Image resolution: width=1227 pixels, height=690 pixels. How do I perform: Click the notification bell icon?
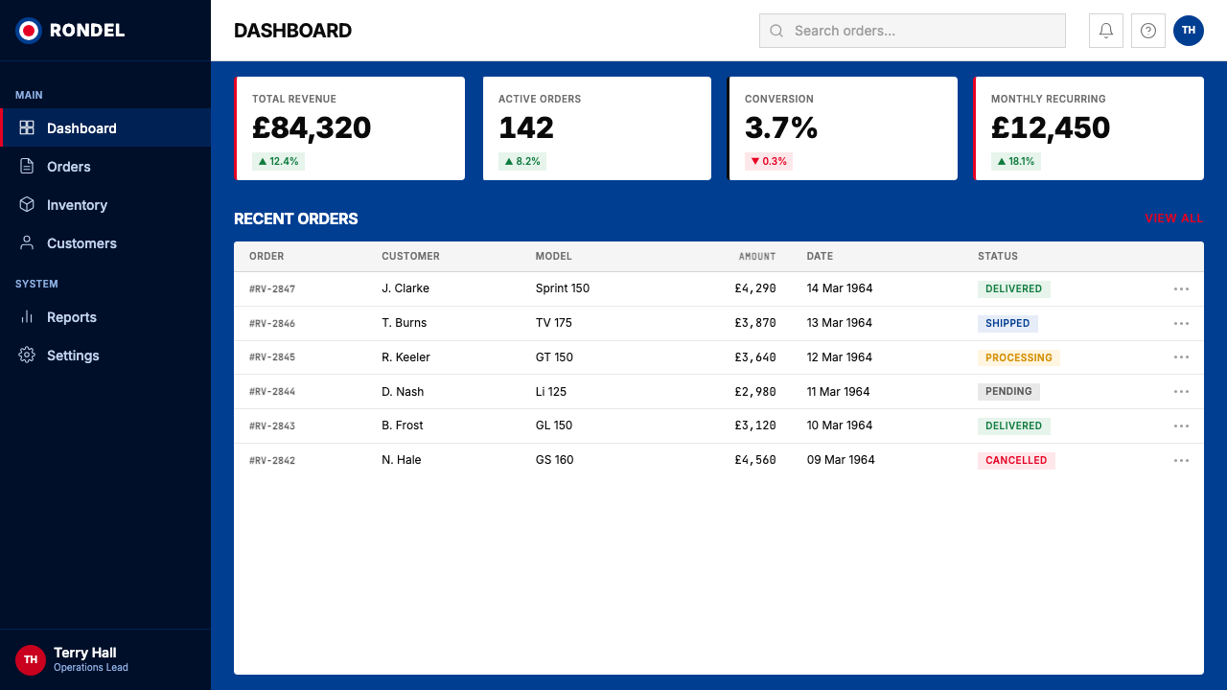point(1106,31)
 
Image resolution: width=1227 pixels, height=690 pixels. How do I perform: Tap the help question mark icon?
point(1148,31)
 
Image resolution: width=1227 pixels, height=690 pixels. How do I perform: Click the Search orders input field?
point(912,31)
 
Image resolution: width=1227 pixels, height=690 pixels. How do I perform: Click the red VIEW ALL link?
point(1174,218)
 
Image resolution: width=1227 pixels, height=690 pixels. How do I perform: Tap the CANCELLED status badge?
point(1016,461)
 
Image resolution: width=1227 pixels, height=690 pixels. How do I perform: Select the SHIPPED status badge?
point(1007,323)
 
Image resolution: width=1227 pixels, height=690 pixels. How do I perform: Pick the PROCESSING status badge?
point(1019,357)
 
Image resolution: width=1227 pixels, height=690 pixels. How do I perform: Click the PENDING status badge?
point(1008,392)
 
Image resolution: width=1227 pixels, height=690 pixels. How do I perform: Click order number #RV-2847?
point(272,289)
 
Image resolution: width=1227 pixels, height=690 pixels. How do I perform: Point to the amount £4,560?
point(755,460)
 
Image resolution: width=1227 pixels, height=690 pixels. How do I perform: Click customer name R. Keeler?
point(405,357)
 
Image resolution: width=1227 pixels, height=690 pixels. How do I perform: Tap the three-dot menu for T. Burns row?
point(1181,324)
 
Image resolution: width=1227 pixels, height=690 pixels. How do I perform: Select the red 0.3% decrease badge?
point(769,162)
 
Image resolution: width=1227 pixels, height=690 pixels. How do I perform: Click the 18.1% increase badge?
point(1015,162)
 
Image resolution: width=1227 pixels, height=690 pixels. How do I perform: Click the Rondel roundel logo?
point(29,31)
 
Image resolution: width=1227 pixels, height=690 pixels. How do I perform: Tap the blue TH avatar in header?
point(1188,31)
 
